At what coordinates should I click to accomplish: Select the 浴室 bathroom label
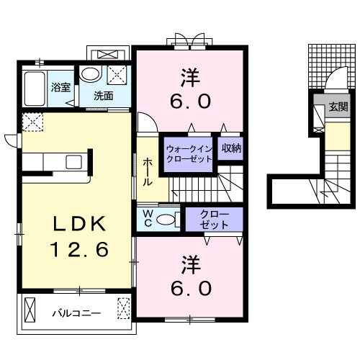pos(60,87)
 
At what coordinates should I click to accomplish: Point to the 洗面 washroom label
pos(103,95)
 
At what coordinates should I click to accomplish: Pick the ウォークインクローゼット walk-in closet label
pos(189,153)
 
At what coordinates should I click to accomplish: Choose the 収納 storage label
pos(231,149)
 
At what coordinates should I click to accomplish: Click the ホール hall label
pos(147,173)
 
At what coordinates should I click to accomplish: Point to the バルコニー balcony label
pos(76,313)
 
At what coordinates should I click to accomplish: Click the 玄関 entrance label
pos(336,107)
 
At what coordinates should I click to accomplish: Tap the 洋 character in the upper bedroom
pos(190,75)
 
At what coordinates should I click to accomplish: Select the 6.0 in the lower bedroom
pos(191,289)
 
